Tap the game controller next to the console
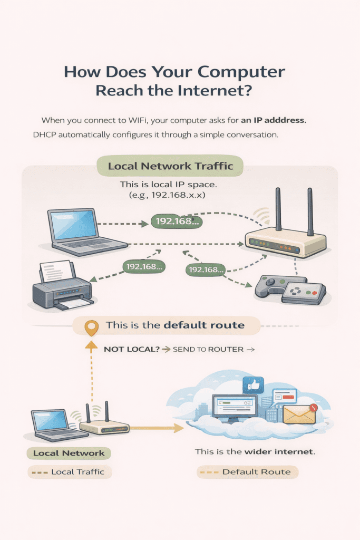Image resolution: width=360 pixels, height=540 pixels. pos(271,287)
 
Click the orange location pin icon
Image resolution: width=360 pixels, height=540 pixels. pos(92,327)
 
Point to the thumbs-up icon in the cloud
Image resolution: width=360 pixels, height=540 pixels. pos(253,385)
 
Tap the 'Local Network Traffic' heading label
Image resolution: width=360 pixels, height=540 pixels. pos(170,167)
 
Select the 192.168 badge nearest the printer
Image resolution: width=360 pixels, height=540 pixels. pos(143,267)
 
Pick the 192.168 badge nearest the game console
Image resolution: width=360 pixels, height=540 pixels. pos(206,269)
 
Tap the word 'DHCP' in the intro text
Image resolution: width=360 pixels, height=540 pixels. pos(44,136)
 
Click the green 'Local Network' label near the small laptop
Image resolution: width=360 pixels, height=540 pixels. pos(69,453)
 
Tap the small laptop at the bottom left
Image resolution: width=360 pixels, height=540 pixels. pos(53,424)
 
